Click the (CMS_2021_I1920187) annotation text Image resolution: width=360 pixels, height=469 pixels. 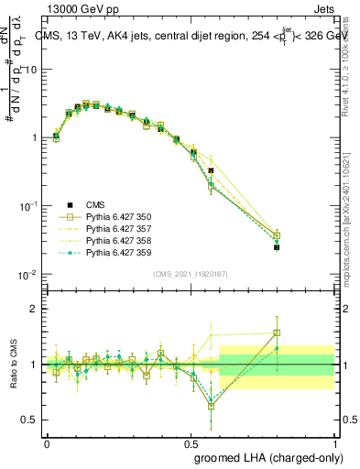190,274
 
